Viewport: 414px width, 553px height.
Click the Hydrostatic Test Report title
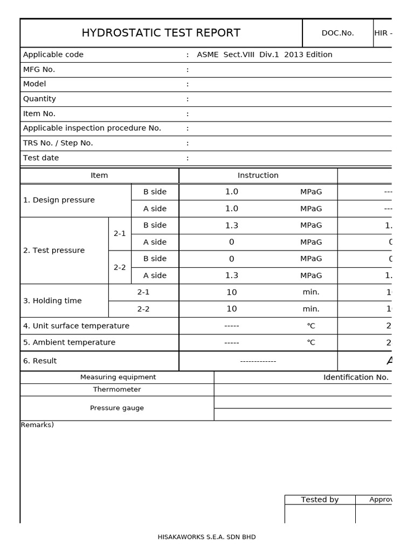[161, 33]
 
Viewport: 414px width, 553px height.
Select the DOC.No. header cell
[337, 33]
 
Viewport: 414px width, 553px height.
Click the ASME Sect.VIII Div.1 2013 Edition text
[264, 55]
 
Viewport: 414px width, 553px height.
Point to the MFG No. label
[39, 69]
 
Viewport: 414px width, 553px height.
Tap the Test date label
[41, 158]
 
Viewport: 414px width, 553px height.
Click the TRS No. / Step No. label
[58, 143]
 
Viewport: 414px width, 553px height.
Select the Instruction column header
[258, 176]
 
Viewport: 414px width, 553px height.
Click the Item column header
[99, 176]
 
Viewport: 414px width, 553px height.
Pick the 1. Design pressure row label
[59, 200]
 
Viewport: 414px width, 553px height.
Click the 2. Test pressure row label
[54, 250]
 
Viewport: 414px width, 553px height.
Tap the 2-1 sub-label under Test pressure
[120, 234]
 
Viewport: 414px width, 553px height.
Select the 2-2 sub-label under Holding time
[143, 309]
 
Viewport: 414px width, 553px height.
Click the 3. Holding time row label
[52, 301]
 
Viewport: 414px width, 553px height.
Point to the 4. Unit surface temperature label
[76, 326]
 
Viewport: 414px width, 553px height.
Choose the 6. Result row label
[40, 361]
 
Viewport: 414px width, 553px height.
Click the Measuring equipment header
[118, 377]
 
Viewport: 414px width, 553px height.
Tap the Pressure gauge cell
[117, 408]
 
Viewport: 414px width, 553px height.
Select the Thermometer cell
[117, 389]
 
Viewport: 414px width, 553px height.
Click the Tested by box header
[320, 500]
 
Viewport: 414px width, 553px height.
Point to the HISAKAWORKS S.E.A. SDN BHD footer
[206, 537]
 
